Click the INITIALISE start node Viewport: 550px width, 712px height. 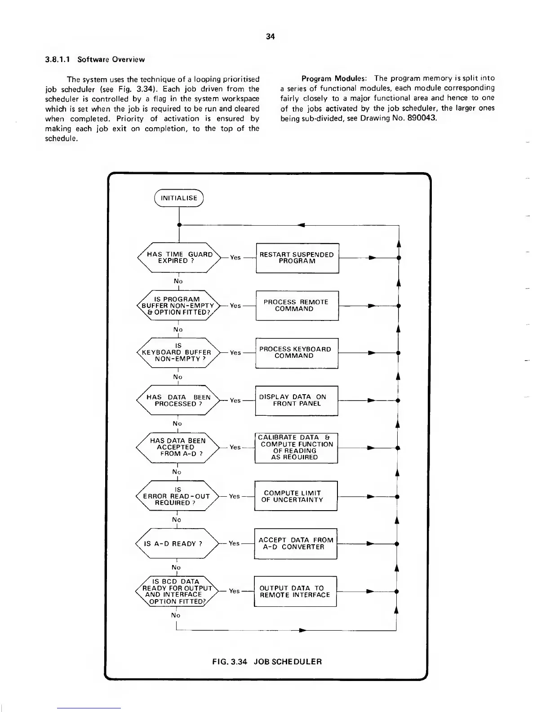click(x=179, y=198)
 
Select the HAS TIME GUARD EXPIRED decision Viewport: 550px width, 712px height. click(x=179, y=258)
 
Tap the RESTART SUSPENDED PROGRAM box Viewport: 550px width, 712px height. click(x=297, y=258)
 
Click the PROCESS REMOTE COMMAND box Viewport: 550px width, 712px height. click(x=297, y=306)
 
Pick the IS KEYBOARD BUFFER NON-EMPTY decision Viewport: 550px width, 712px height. click(x=177, y=353)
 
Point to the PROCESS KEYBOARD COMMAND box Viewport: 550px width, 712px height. click(x=297, y=353)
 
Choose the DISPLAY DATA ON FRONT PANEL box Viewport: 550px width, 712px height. click(x=296, y=400)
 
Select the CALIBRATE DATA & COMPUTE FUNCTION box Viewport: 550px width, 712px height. click(x=296, y=448)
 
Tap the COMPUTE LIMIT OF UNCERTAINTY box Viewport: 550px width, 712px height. click(x=296, y=496)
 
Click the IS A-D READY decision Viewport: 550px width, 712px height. click(x=176, y=544)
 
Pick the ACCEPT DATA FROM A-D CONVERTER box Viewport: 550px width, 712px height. click(x=296, y=544)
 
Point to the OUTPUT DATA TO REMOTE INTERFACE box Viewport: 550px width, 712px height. click(x=295, y=592)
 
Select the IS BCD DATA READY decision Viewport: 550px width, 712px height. click(x=176, y=592)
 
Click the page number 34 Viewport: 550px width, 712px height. click(x=270, y=36)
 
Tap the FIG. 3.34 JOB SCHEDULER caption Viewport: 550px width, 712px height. click(x=267, y=662)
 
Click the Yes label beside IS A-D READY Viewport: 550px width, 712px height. click(x=234, y=543)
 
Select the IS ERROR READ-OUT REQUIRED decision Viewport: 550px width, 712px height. click(x=177, y=496)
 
